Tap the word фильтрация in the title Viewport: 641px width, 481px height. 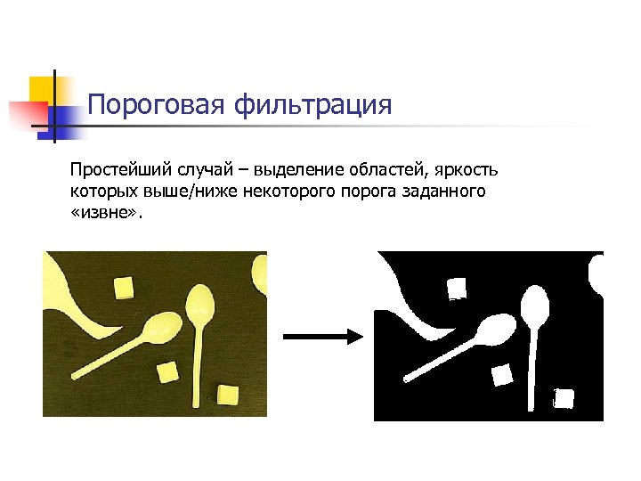pyautogui.click(x=312, y=106)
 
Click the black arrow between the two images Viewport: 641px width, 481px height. pyautogui.click(x=320, y=336)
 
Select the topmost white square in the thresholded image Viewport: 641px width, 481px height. pyautogui.click(x=457, y=288)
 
